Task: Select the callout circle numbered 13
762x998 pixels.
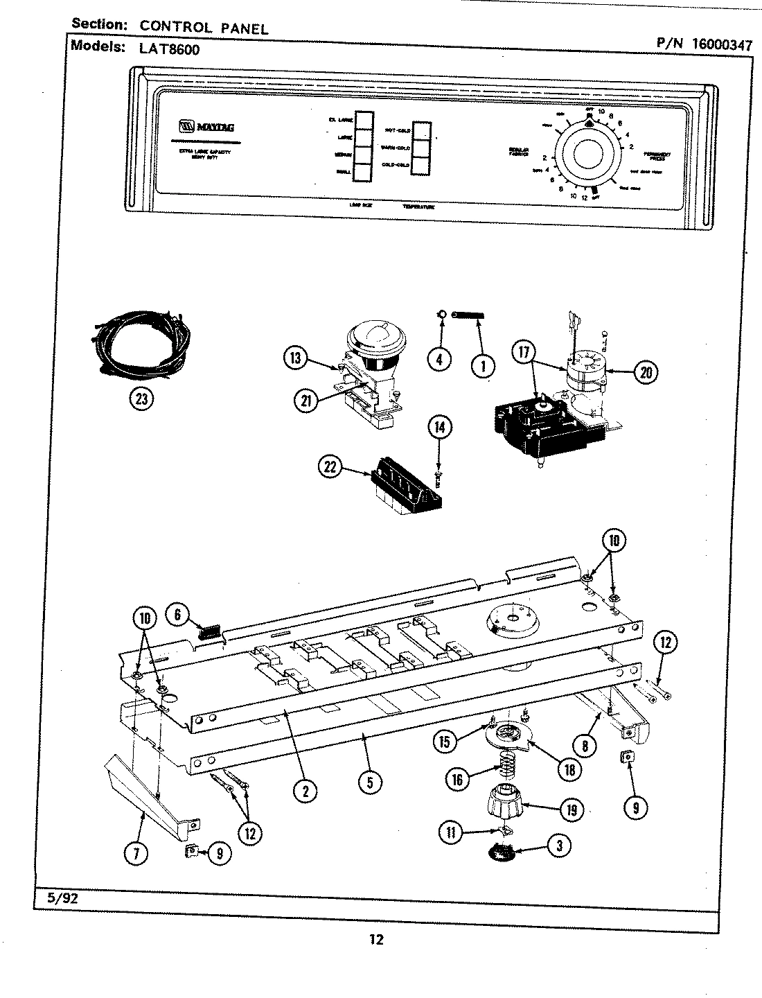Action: pos(296,358)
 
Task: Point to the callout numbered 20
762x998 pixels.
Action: pos(646,371)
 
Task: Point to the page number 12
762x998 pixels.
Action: pos(375,940)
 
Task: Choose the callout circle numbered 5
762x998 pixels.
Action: pos(370,782)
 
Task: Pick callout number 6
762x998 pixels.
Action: pos(177,615)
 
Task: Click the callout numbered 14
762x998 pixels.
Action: pos(439,427)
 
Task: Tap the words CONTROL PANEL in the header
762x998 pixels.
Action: pos(204,28)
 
